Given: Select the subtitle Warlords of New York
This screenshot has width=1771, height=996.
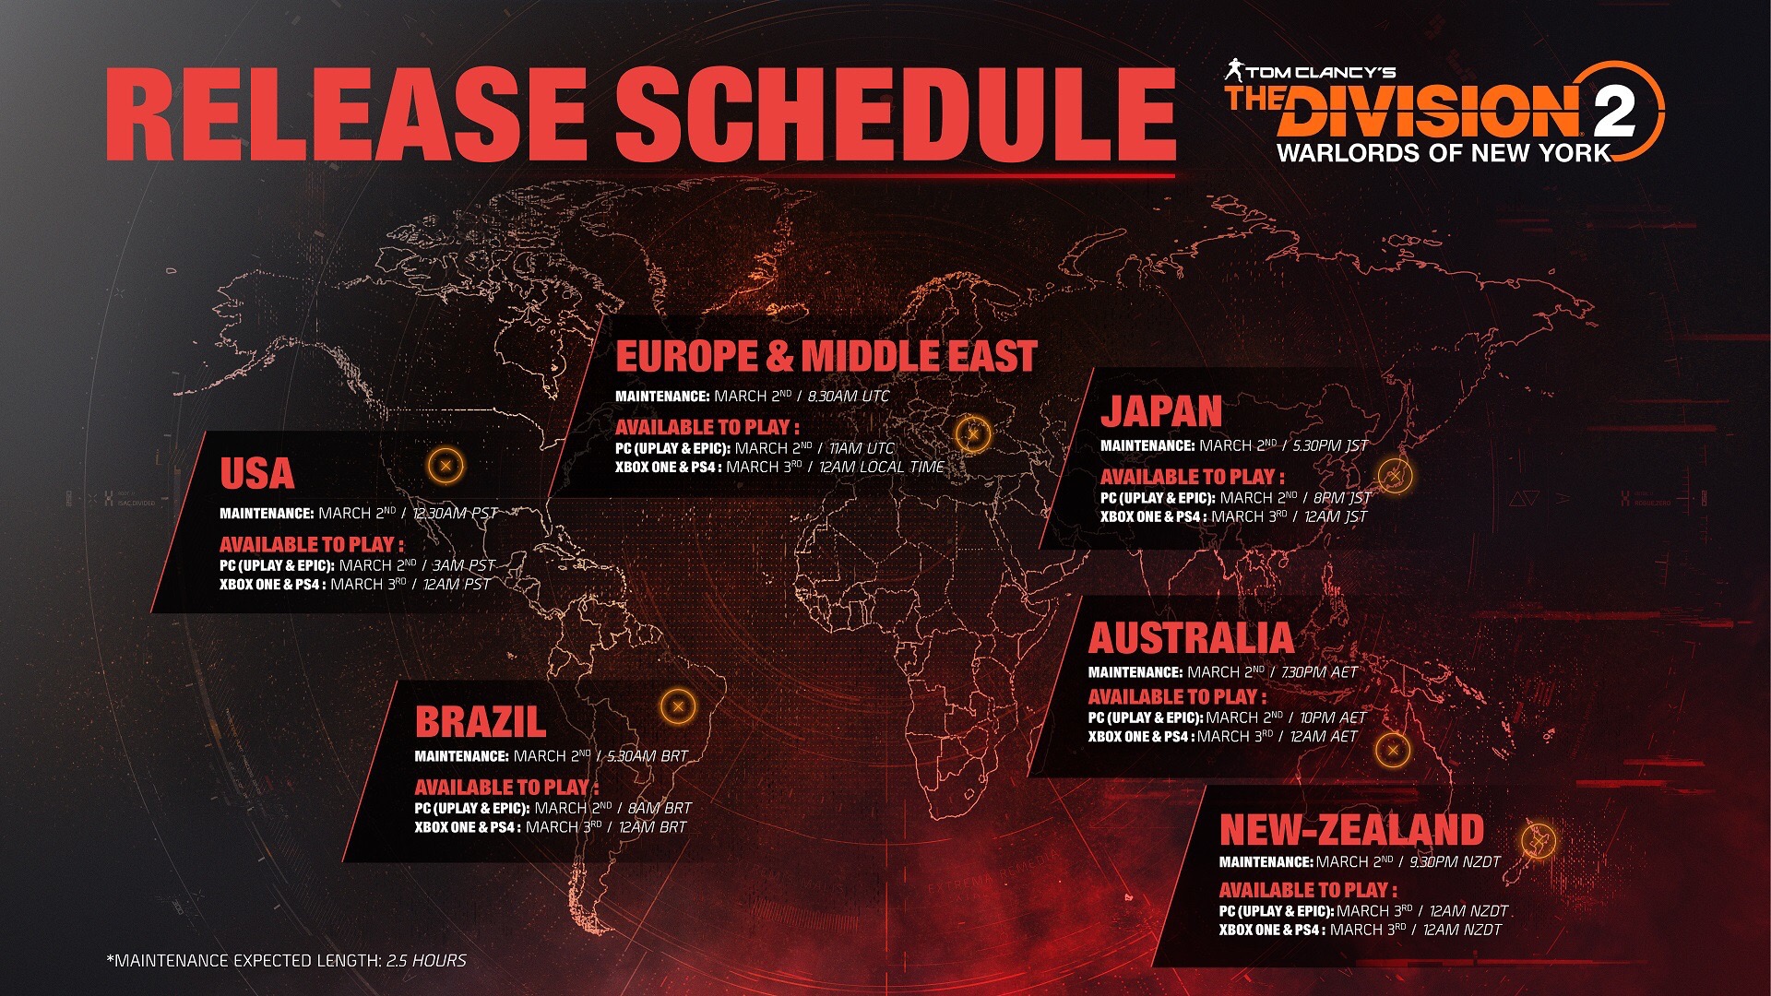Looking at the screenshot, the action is click(1444, 153).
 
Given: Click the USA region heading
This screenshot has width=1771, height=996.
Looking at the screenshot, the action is click(256, 474).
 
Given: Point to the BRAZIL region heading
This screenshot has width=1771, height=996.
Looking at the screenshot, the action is click(480, 722).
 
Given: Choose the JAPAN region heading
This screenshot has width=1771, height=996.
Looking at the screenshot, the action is click(1160, 411).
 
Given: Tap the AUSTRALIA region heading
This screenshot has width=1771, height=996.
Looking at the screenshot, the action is click(1190, 638).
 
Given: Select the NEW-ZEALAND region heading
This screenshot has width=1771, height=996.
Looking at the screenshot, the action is click(1351, 830).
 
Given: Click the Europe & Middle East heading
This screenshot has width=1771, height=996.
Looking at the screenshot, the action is click(826, 357).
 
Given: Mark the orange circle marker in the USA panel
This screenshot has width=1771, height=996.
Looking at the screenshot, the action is click(446, 466).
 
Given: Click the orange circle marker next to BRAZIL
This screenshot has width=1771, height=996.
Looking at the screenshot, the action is click(678, 707).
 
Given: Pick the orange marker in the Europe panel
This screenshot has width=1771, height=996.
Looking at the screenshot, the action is click(972, 433).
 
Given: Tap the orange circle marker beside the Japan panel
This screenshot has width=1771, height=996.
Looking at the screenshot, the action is click(1395, 476).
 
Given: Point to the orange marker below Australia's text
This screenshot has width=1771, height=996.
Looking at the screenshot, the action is click(1393, 750).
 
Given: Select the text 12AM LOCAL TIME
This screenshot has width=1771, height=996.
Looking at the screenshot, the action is click(881, 468).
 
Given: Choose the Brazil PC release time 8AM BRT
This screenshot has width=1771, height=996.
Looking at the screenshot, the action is click(659, 808).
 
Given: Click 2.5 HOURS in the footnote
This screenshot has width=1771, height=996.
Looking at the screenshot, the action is click(426, 961).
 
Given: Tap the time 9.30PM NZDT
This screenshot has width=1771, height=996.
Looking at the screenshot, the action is click(1455, 862).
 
